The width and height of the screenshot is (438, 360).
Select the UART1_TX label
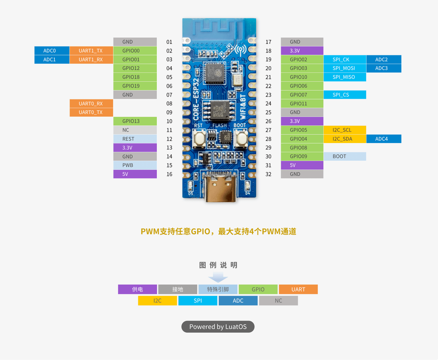click(x=91, y=50)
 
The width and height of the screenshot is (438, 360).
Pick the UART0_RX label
click(x=91, y=103)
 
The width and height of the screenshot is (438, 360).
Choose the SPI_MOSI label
click(x=344, y=68)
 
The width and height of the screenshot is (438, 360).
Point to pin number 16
click(x=170, y=174)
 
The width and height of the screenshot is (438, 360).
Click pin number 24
click(x=268, y=103)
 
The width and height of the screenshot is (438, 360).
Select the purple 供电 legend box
click(x=137, y=289)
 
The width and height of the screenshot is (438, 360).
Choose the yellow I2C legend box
click(x=157, y=300)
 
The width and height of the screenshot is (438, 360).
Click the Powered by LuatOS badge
click(x=218, y=326)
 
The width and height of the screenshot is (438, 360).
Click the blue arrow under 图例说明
click(x=218, y=277)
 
